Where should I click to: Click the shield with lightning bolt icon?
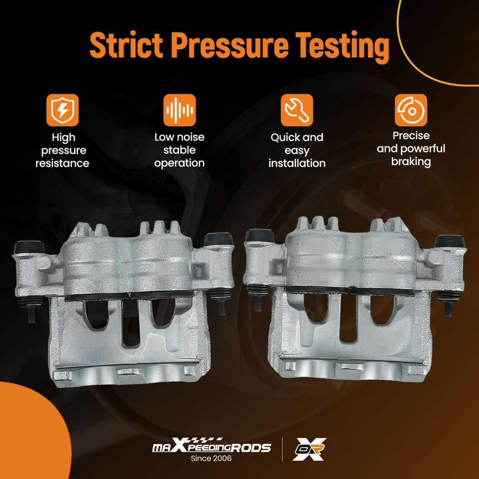coord(62,110)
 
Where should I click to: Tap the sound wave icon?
coord(179,110)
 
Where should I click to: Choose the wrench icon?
coord(297,110)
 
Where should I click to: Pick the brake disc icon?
coord(411,110)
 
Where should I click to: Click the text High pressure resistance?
coord(62,150)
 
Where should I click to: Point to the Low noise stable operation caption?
coord(179,150)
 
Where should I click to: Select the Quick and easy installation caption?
coord(297,150)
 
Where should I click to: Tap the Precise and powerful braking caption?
coord(411,149)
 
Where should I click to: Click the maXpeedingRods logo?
coord(211,446)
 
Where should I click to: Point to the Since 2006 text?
coord(211,458)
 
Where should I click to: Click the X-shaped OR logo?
coord(309,449)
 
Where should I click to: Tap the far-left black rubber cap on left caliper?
coord(29,247)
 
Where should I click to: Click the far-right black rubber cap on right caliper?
coord(449,241)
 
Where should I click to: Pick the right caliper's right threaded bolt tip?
coord(448,309)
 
